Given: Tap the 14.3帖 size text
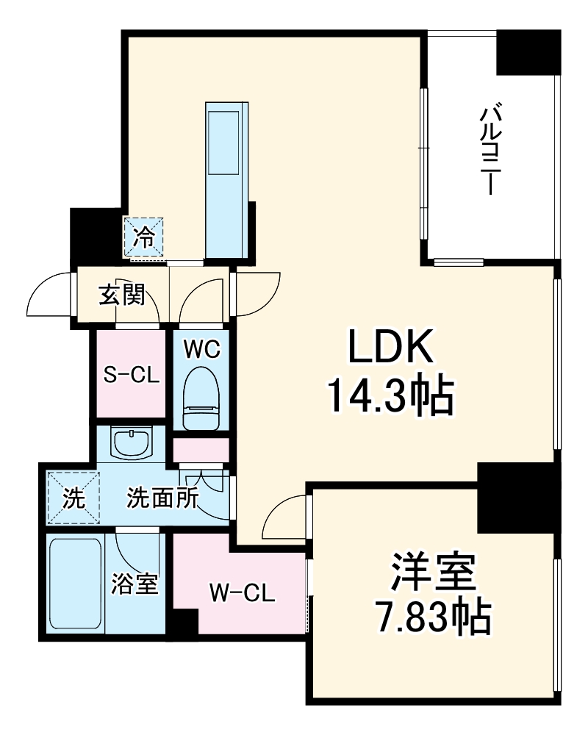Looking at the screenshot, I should (x=389, y=397).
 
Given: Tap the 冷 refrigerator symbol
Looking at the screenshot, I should (x=144, y=237).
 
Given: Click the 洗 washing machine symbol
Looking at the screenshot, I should (x=71, y=498).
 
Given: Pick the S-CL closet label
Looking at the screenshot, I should (x=131, y=375).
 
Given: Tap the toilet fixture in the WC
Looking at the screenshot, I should (x=201, y=401).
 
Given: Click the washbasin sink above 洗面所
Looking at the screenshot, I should (x=132, y=443).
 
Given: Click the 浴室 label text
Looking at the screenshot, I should (x=135, y=586).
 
